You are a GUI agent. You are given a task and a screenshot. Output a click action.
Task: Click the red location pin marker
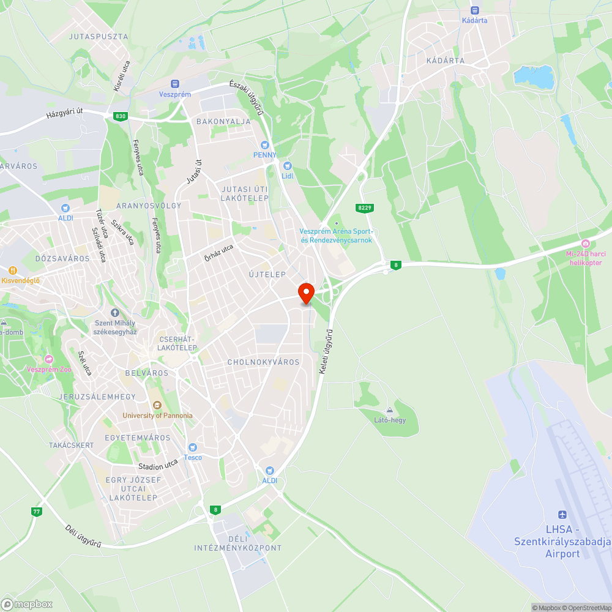(x=305, y=293)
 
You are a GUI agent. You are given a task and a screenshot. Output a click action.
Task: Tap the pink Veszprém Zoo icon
(x=50, y=359)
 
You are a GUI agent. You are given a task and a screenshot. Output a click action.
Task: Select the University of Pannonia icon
(x=157, y=405)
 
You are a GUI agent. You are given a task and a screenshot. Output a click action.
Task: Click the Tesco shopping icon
(x=193, y=447)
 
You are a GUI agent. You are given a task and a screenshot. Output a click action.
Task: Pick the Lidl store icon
(x=288, y=166)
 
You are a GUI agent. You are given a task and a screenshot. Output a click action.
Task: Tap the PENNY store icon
(x=265, y=145)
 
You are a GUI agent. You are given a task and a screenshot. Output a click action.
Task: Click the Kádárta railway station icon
(x=474, y=10)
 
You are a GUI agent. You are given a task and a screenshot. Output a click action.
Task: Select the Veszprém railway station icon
(x=175, y=84)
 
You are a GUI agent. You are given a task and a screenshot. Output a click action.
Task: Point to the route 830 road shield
(x=119, y=116)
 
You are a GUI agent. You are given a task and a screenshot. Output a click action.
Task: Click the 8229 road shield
(x=365, y=208)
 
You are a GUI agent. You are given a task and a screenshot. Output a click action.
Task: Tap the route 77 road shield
(x=37, y=511)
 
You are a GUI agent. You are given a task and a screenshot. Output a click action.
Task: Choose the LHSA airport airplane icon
(x=562, y=515)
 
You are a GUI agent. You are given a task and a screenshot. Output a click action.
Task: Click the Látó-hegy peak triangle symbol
(x=390, y=409)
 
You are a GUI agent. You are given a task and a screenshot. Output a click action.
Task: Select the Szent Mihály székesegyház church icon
(x=114, y=313)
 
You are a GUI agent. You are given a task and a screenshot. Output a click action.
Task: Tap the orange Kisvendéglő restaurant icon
(x=12, y=270)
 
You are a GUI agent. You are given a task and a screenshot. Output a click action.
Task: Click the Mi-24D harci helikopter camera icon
(x=585, y=244)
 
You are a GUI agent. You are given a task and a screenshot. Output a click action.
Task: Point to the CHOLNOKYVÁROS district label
(x=264, y=362)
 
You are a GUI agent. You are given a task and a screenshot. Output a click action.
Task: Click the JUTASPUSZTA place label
(x=99, y=37)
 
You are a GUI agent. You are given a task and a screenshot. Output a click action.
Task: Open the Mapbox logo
(x=28, y=604)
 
